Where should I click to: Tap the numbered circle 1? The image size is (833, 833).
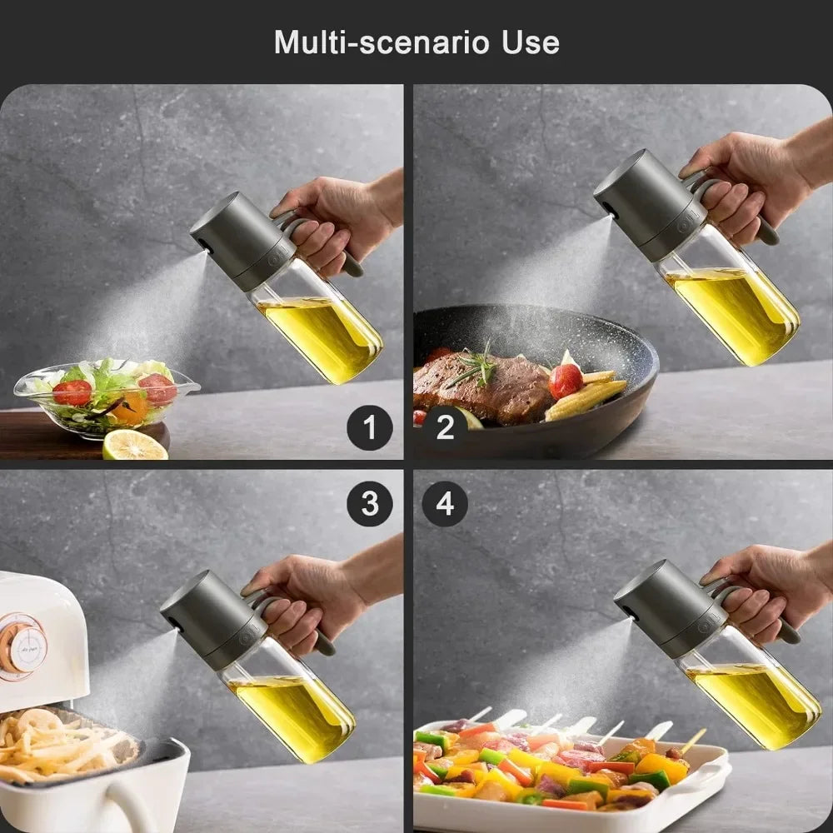tap(370, 428)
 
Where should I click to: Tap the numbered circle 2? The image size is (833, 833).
tap(445, 428)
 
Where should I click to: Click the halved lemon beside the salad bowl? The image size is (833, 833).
tap(134, 446)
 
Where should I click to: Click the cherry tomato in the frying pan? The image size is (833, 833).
tap(566, 381)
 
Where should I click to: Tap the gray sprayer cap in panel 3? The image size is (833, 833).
tap(208, 616)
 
